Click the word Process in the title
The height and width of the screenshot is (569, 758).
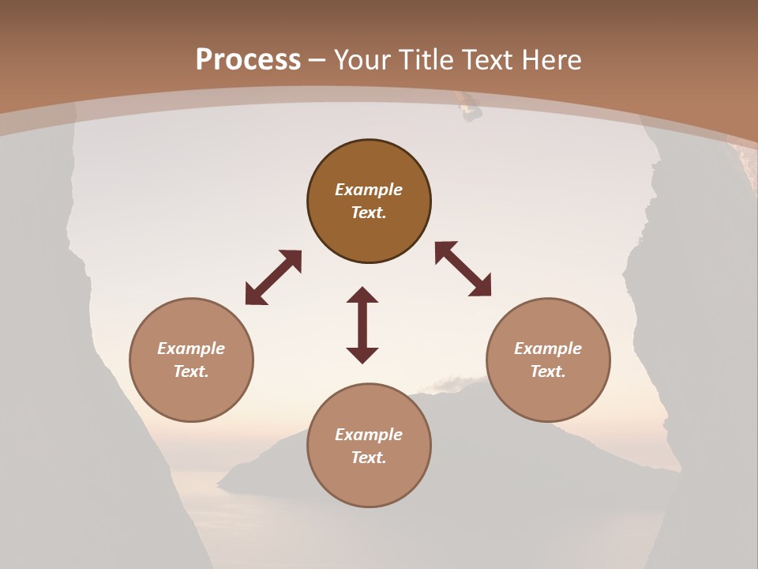[248, 59]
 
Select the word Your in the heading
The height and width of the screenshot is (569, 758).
[362, 59]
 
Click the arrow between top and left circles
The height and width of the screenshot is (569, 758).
[273, 277]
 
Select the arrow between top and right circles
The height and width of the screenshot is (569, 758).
[463, 269]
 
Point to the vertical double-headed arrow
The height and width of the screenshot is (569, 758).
[362, 325]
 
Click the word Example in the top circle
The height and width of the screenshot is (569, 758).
[369, 190]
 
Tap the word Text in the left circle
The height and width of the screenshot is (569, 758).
[191, 371]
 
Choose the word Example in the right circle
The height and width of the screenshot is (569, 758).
[548, 349]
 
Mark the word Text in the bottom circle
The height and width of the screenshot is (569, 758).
[369, 458]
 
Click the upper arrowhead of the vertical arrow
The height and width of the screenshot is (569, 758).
[362, 295]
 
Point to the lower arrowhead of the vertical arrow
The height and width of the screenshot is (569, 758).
[362, 355]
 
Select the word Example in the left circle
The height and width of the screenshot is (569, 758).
[191, 349]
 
